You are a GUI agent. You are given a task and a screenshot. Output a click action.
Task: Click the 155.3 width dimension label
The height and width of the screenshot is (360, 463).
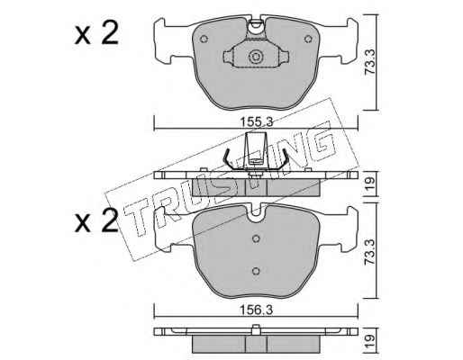point(256,122)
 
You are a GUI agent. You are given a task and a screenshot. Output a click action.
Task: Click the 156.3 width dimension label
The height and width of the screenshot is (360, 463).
point(256,310)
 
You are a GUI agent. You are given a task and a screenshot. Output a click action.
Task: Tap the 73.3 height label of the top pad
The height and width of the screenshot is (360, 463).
point(369,62)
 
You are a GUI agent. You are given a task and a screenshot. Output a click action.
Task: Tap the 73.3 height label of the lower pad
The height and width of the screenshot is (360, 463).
point(369,251)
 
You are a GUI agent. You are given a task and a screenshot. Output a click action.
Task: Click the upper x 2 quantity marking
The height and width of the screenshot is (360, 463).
point(96,34)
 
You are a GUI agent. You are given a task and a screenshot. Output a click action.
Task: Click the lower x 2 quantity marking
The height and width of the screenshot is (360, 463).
point(96,221)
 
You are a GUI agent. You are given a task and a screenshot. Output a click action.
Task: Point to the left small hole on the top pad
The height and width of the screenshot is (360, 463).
point(204,39)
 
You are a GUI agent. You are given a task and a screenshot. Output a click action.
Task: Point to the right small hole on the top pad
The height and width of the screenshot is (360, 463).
point(308,39)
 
